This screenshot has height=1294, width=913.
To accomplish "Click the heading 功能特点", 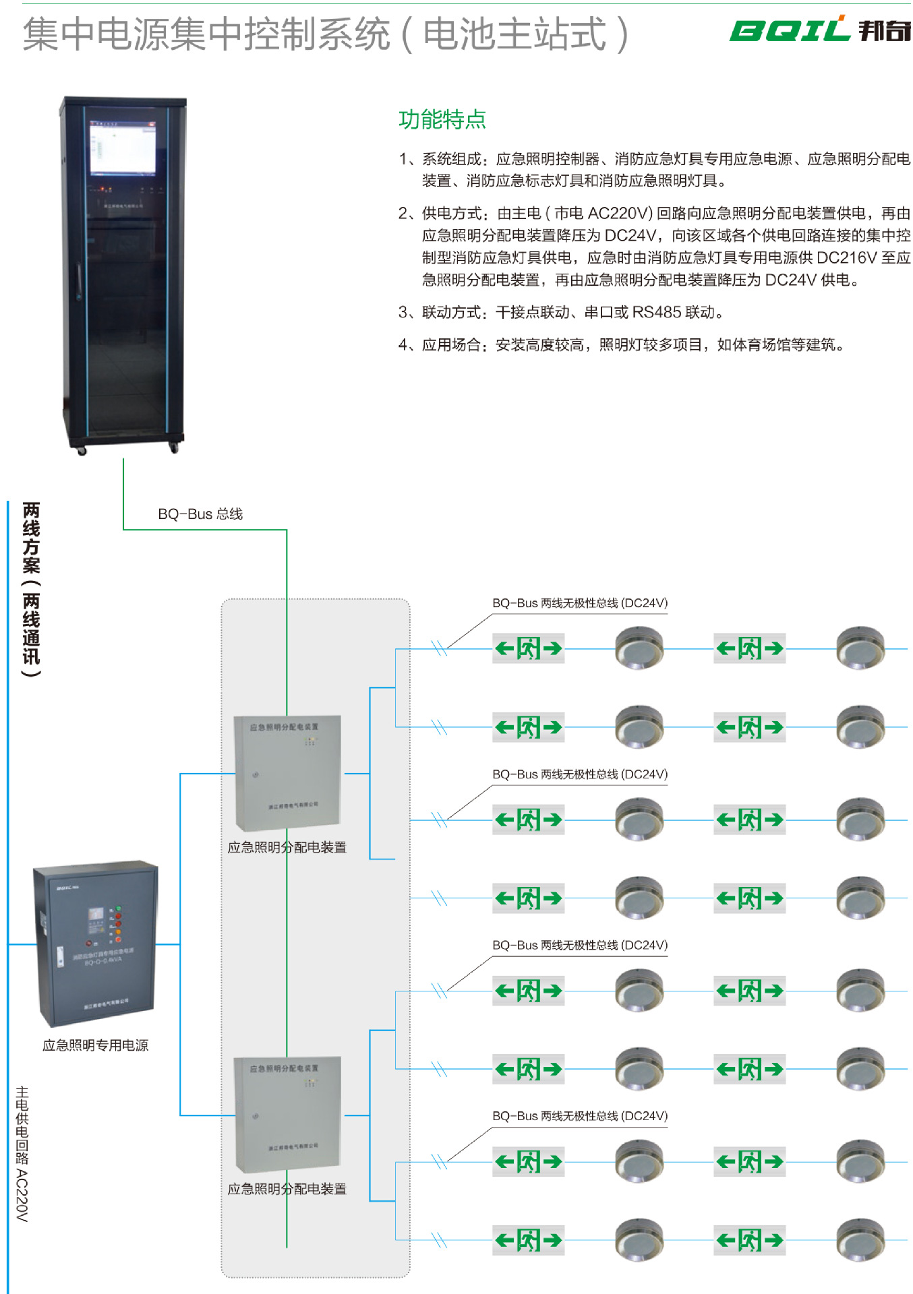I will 442,119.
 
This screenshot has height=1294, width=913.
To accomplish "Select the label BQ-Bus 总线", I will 200,514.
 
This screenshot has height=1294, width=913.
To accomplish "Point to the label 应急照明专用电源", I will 95,1045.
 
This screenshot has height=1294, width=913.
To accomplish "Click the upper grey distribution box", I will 287,772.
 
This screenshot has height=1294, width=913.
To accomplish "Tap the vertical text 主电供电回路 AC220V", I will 22,1153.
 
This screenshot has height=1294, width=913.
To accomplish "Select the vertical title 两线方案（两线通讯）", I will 31,589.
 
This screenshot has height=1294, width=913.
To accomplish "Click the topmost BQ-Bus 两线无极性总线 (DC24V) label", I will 580,603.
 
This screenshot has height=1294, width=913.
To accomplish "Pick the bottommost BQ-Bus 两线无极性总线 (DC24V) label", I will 580,1116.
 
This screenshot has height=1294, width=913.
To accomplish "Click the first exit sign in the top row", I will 528,648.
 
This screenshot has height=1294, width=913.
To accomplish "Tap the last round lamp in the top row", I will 860,648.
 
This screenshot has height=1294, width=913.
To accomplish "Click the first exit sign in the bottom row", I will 528,1240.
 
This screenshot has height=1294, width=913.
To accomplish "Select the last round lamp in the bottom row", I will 860,1239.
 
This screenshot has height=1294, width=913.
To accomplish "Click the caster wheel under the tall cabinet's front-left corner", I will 82,451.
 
